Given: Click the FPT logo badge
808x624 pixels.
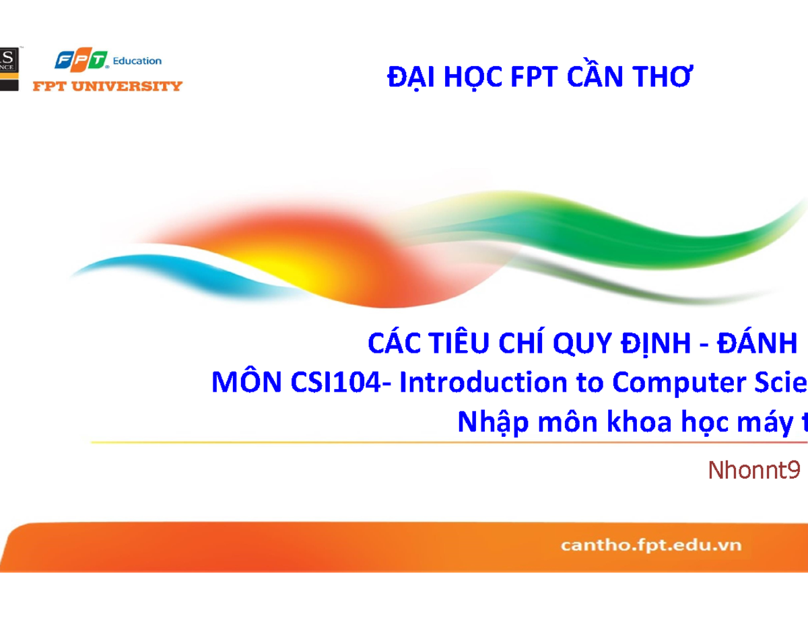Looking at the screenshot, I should tap(81, 61).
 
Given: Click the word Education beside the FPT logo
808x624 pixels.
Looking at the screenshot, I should tap(137, 61).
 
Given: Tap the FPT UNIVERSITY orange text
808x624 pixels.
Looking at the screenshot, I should tap(108, 85).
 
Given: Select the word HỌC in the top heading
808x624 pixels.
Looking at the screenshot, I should tap(472, 78).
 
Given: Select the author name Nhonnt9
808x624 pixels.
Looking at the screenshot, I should tap(753, 471).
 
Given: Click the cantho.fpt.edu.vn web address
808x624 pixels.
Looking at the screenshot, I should tap(650, 545).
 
